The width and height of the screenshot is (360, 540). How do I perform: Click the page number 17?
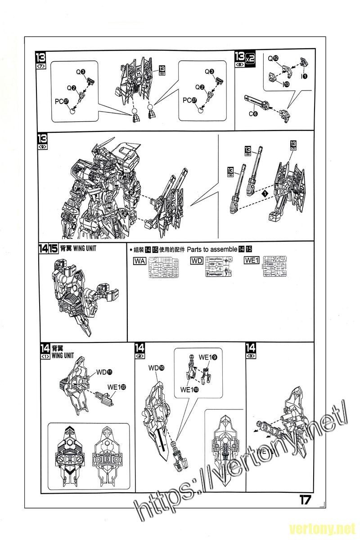pyautogui.click(x=304, y=500)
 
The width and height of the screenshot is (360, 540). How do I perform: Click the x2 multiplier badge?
pyautogui.click(x=251, y=58)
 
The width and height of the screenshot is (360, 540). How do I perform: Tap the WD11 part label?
pyautogui.click(x=104, y=372)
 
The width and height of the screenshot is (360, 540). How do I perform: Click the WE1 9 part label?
pyautogui.click(x=208, y=357)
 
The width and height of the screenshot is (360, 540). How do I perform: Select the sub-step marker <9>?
pyautogui.click(x=44, y=147)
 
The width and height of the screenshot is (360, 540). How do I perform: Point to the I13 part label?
pyautogui.click(x=286, y=83)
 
